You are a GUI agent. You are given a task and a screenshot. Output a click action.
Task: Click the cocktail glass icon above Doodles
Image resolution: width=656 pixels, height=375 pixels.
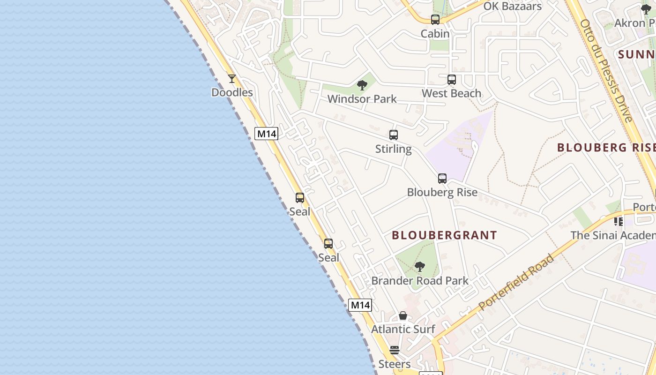(232, 79)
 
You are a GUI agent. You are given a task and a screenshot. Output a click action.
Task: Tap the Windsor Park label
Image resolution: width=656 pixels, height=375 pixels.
(362, 99)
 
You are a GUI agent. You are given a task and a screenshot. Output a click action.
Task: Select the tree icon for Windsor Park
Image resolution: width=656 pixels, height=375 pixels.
(362, 85)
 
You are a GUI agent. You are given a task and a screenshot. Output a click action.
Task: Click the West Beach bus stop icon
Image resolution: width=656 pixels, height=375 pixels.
(452, 80)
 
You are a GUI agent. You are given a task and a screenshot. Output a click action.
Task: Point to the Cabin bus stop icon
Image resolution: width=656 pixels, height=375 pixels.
(435, 20)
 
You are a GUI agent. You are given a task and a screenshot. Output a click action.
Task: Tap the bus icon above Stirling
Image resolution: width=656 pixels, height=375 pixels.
(394, 135)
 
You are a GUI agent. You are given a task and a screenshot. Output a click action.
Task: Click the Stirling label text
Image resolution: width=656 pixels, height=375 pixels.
(394, 149)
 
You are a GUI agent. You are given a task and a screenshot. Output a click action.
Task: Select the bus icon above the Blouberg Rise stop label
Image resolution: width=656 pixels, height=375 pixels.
(442, 179)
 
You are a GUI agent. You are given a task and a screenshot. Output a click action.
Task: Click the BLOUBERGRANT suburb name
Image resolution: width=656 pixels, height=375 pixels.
(444, 235)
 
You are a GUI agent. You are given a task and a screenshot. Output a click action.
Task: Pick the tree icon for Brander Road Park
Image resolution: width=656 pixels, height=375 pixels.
(420, 267)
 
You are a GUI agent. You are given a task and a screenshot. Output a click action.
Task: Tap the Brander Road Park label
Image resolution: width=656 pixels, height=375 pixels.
(420, 281)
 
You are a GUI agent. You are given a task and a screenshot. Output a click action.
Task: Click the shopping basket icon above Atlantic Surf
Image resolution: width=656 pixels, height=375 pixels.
(403, 315)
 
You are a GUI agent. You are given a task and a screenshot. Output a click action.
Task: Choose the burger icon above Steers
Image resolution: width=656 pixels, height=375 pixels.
(395, 350)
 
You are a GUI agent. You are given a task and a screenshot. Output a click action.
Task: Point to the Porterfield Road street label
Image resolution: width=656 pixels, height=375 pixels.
(516, 282)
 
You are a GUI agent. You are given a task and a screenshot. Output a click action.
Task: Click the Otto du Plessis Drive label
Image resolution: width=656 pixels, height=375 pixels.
(606, 70)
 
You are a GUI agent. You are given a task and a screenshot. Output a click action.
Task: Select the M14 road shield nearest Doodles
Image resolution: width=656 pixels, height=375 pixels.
(267, 134)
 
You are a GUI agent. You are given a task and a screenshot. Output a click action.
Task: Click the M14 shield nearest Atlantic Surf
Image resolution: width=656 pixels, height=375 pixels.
(360, 305)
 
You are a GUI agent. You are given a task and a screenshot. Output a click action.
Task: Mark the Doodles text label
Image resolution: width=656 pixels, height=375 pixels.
(232, 92)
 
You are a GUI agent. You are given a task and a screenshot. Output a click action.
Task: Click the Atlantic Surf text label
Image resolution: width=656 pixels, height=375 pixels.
(403, 329)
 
